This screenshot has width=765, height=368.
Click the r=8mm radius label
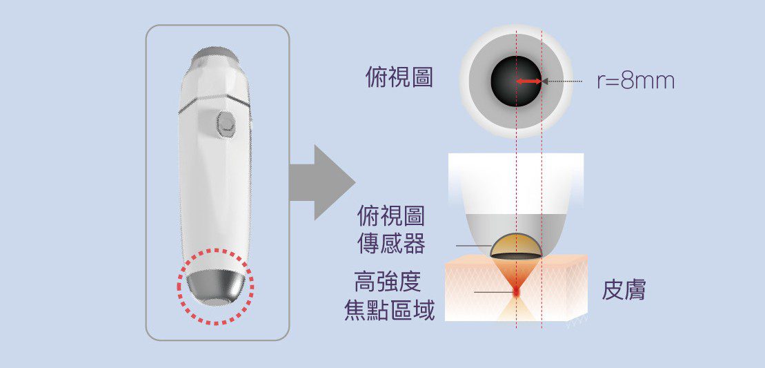click(636, 81)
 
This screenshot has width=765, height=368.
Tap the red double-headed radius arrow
click(529, 81)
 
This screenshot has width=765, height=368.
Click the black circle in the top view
click(516, 81)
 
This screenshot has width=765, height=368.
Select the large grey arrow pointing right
click(321, 182)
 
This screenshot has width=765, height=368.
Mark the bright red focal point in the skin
click(516, 291)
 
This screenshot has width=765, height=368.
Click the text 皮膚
click(624, 291)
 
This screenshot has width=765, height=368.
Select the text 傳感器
click(391, 244)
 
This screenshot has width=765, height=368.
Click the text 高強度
click(388, 282)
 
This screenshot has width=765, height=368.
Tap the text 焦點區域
click(389, 310)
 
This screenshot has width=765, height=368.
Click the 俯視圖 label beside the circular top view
click(399, 77)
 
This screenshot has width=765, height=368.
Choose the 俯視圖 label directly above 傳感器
click(391, 216)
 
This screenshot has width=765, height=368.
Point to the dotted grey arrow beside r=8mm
click(562, 81)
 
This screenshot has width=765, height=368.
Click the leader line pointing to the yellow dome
click(474, 246)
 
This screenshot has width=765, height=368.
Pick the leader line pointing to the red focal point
click(493, 292)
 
